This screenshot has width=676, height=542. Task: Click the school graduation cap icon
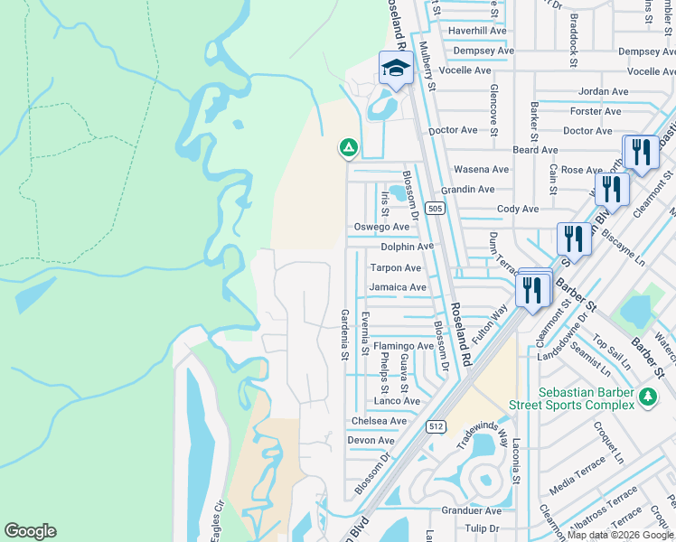click(x=396, y=70)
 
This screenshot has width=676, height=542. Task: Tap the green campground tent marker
click(x=347, y=146)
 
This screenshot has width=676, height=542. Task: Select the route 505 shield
click(x=436, y=209)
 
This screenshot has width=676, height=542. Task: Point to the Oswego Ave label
click(x=380, y=227)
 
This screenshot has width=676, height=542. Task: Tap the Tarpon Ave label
click(x=395, y=268)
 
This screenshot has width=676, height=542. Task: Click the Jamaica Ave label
click(x=398, y=287)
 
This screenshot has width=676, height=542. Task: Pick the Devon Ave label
click(x=371, y=441)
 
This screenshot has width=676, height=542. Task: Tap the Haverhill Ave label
click(x=482, y=30)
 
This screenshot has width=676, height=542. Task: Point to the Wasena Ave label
click(x=481, y=169)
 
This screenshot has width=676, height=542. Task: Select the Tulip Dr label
click(x=482, y=528)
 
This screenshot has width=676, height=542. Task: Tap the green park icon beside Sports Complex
click(x=647, y=397)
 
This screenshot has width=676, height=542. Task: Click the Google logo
click(x=30, y=531)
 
